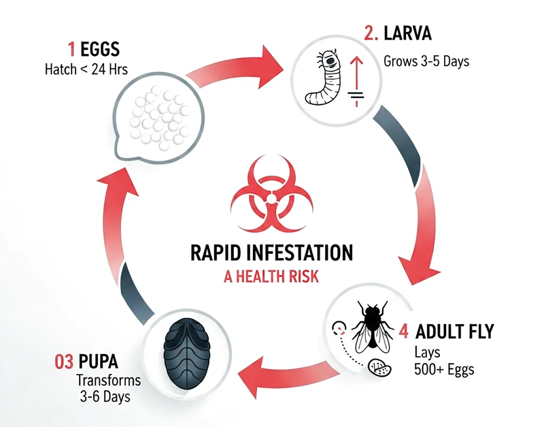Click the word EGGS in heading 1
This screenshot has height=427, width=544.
(x=100, y=49)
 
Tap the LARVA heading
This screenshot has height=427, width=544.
(x=407, y=33)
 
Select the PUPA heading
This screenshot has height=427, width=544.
(x=98, y=362)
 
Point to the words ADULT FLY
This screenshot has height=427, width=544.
(x=454, y=332)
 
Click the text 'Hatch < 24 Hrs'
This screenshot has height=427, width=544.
(x=86, y=69)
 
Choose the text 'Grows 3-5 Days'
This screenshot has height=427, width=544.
(x=426, y=61)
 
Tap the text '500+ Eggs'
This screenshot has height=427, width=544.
(x=444, y=369)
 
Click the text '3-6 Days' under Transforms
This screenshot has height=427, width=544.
(x=105, y=396)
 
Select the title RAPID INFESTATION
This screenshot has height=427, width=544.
(x=271, y=253)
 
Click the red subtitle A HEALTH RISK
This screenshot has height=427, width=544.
(x=271, y=277)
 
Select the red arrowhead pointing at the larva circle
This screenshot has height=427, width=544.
(x=271, y=67)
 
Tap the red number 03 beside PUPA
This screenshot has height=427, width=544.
(x=64, y=362)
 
